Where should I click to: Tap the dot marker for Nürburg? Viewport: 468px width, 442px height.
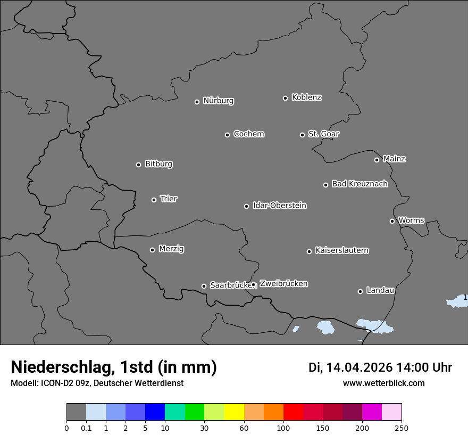pos(197,102)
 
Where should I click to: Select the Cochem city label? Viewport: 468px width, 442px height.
pos(248,134)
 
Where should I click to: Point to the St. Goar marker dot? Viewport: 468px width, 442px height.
pos(302,135)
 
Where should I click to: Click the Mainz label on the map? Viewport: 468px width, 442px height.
pos(394,159)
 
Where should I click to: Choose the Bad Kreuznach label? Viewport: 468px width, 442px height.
pos(360,184)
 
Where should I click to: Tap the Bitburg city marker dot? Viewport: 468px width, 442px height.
pos(138,165)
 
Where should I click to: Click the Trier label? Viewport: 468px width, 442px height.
pos(169,199)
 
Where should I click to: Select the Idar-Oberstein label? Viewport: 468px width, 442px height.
pos(279,205)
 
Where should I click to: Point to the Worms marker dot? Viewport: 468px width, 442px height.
pos(392,221)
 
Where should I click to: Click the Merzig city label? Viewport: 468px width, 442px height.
pos(171,249)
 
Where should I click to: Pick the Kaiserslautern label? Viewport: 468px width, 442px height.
pos(341,250)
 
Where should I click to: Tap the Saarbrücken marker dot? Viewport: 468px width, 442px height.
pos(204,286)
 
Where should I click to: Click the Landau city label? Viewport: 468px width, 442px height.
pos(380,290)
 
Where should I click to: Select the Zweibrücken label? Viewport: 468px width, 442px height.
pos(283,284)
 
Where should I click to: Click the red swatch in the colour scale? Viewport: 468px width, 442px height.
pos(293,412)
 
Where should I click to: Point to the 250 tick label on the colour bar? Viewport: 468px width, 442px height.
pos(402,428)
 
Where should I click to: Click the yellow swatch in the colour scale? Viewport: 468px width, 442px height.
pos(234,412)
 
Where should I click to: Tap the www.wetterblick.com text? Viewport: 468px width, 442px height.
pos(383,383)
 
